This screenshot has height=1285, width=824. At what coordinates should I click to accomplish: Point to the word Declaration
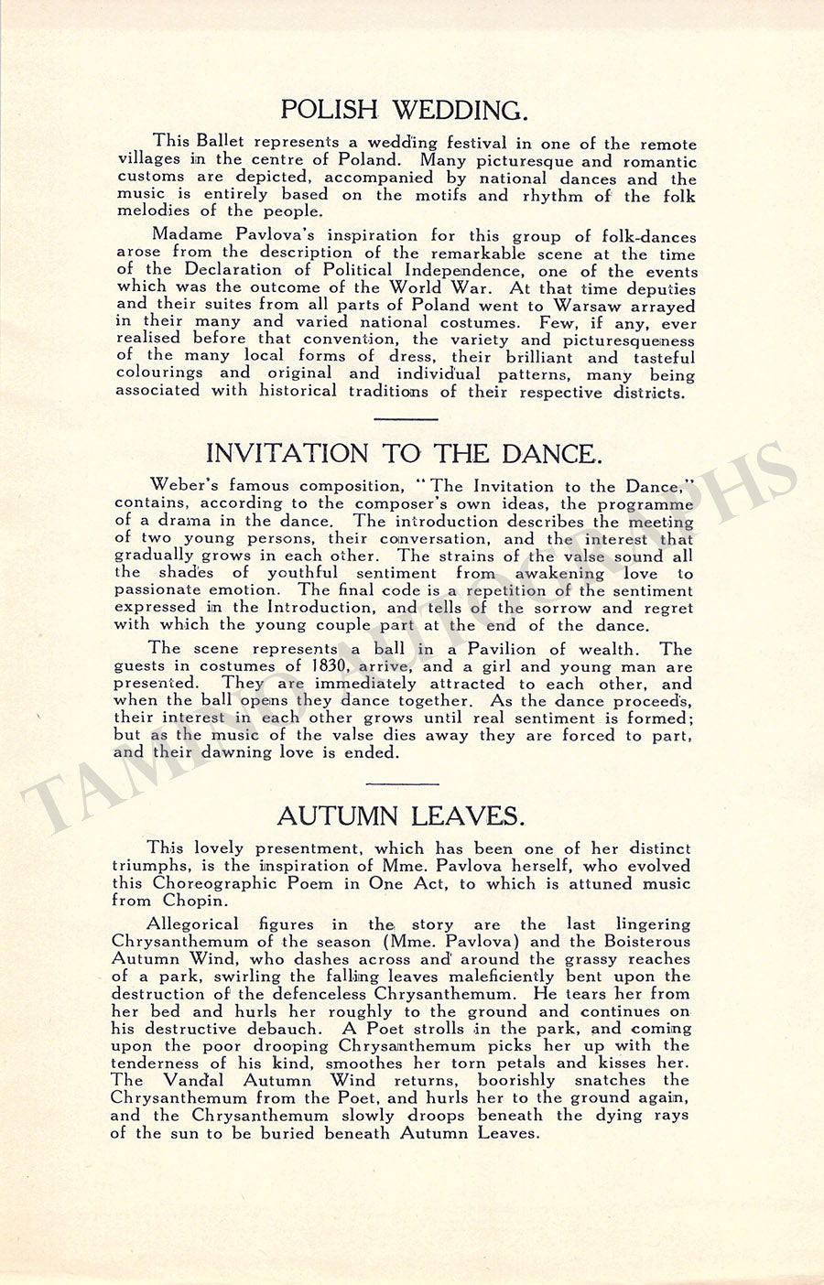pos(233,270)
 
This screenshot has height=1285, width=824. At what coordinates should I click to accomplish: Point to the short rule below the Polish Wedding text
pos(407,419)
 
